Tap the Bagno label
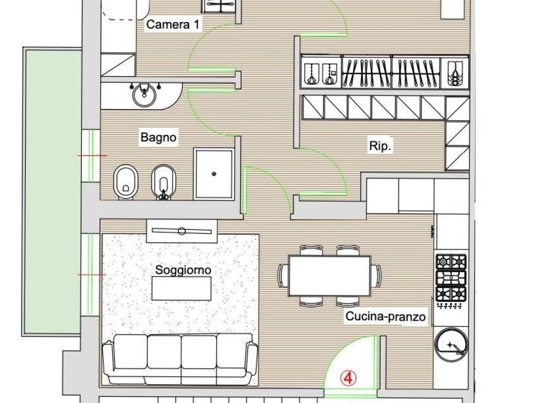(x=158, y=138)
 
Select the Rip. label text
(x=381, y=146)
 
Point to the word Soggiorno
(x=183, y=270)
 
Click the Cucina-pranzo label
(x=385, y=316)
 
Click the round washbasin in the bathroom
(x=142, y=95)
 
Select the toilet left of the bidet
(x=125, y=183)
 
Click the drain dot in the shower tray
(x=214, y=173)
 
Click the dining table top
(x=329, y=275)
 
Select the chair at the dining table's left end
(x=283, y=275)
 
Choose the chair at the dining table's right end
(x=376, y=275)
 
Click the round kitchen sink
(x=450, y=344)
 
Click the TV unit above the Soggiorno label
(x=181, y=231)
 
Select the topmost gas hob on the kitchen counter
(x=451, y=261)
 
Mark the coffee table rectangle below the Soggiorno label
(x=181, y=288)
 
